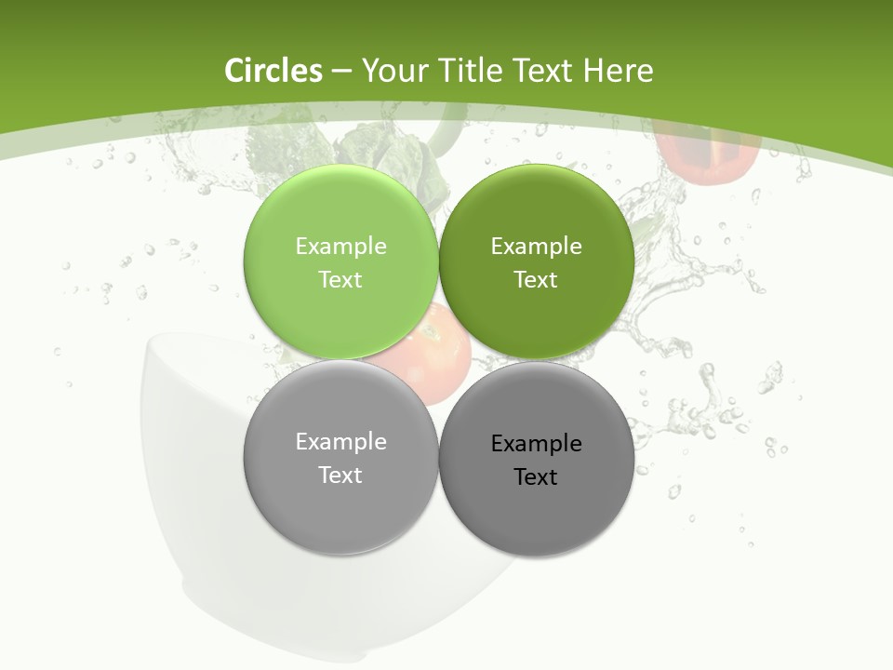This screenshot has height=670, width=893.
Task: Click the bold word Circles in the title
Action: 273,71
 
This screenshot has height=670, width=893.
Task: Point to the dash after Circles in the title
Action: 340,72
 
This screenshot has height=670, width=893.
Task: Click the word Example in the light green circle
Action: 340,246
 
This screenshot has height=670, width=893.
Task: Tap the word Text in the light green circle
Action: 340,279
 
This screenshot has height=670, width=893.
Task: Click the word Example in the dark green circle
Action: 536,246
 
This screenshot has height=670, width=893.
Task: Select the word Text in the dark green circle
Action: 536,279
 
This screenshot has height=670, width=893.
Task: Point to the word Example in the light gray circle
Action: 340,441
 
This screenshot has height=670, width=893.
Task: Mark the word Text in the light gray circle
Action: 340,475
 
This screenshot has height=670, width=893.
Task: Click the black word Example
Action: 536,443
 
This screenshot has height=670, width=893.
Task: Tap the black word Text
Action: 536,476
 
